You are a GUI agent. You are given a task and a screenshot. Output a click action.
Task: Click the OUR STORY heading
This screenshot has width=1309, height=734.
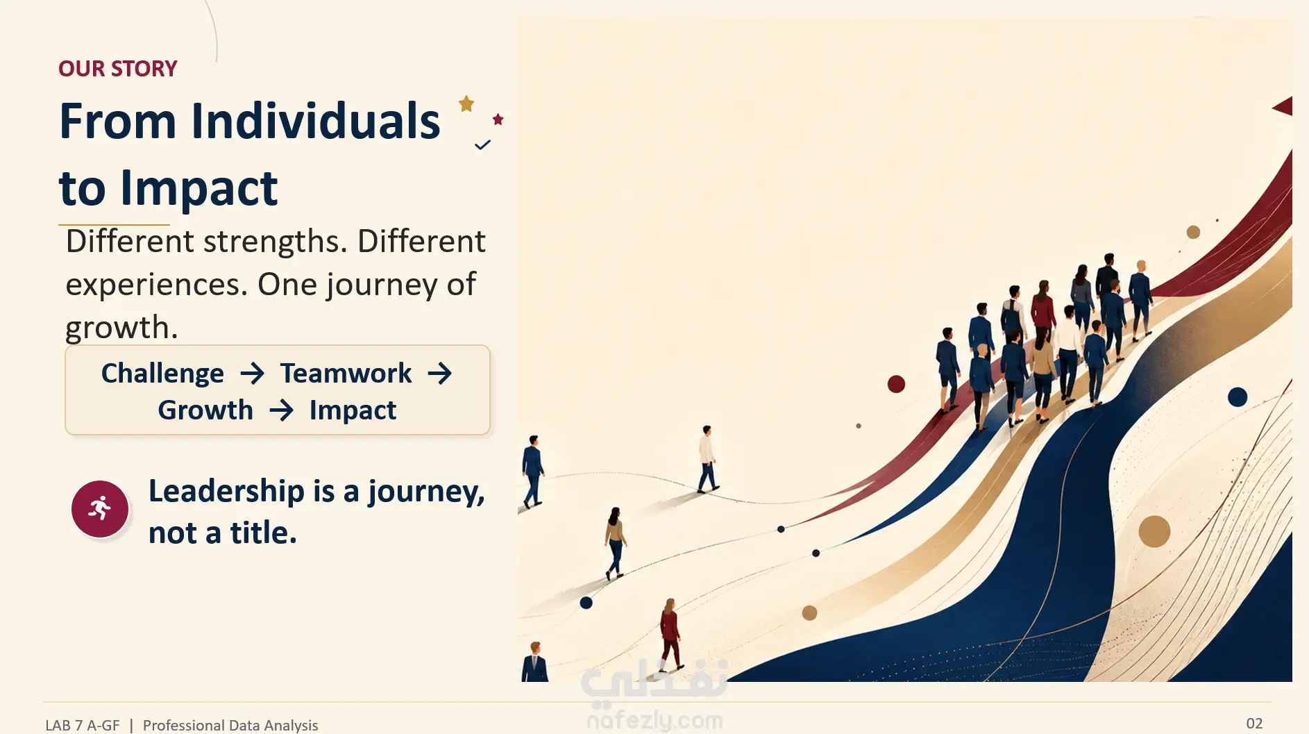(118, 69)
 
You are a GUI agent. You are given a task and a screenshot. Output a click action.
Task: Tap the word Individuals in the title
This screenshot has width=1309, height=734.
(316, 121)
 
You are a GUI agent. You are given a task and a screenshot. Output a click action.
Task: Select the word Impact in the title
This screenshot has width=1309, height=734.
(199, 189)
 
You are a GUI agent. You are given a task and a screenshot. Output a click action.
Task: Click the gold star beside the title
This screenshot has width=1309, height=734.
(466, 104)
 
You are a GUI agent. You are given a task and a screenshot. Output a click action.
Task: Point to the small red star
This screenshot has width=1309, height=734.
(498, 119)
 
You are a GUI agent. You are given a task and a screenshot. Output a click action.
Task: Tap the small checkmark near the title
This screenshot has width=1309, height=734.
(482, 145)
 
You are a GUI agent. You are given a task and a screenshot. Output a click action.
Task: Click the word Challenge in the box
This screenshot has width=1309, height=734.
(162, 374)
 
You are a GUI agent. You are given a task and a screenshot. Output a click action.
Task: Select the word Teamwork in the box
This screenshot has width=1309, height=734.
(346, 374)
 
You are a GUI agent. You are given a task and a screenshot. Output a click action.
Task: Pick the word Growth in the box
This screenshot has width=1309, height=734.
(205, 410)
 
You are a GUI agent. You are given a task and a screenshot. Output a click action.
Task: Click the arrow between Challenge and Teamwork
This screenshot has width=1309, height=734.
(252, 374)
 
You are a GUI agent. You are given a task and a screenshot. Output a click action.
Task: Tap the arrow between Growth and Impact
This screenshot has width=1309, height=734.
(281, 410)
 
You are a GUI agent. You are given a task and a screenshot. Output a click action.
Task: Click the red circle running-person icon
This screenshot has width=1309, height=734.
(100, 509)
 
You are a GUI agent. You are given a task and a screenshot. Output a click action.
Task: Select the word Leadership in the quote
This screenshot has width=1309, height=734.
(226, 491)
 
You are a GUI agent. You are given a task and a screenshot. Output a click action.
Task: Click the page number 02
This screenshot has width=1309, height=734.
(1254, 724)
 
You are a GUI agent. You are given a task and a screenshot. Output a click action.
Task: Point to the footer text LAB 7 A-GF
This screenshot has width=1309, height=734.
(83, 726)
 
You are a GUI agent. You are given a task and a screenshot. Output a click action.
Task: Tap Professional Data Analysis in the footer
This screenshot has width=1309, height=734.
(230, 726)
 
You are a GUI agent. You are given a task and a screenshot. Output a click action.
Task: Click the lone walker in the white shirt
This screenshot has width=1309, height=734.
(707, 459)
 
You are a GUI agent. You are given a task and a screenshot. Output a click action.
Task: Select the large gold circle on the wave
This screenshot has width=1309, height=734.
(1154, 532)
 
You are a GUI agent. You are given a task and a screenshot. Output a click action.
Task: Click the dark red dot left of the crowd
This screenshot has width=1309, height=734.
(896, 384)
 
